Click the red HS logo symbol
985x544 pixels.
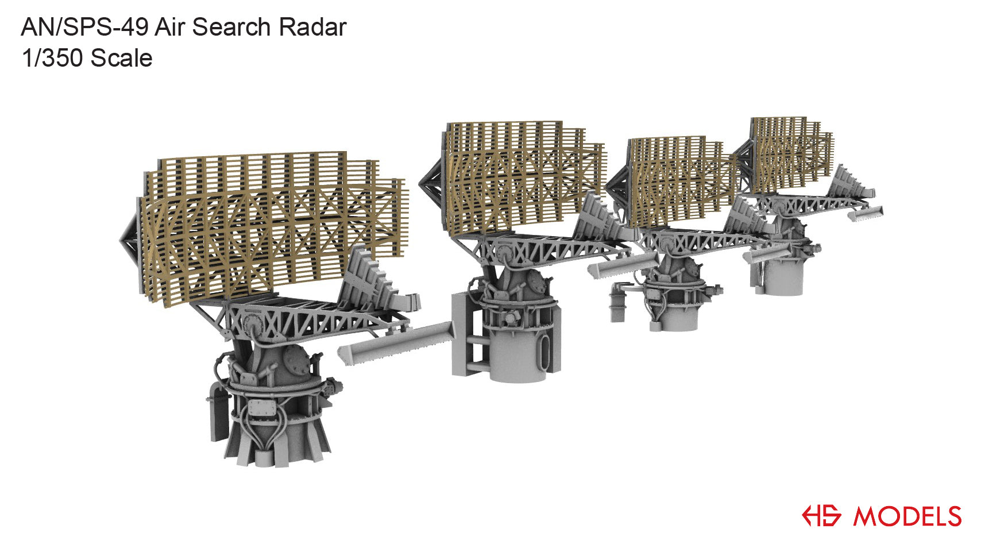click(x=822, y=515)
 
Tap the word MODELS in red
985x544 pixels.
click(x=907, y=516)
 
